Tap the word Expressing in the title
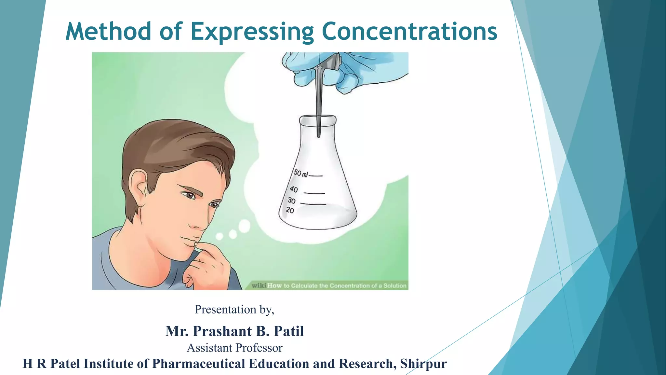point(252,32)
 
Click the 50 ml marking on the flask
point(300,173)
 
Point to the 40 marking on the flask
point(294,189)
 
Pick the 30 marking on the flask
point(291,201)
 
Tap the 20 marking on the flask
point(290,210)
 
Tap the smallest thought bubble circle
point(220,236)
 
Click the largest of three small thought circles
point(244,226)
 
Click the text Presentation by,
point(234,309)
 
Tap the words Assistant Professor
point(234,348)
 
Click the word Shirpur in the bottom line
point(423,364)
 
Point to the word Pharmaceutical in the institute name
point(198,364)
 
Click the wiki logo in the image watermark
point(259,285)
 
